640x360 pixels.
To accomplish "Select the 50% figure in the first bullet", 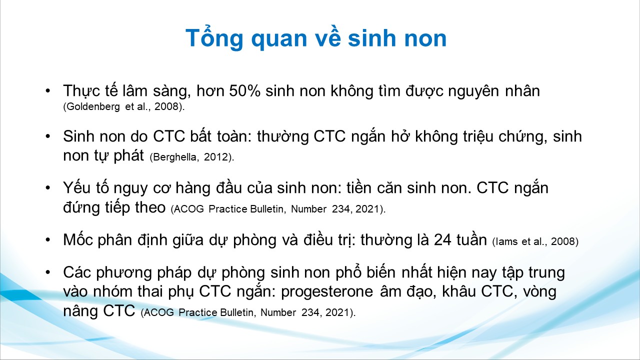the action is click(245, 91).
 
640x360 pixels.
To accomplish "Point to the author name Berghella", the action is click(174, 157).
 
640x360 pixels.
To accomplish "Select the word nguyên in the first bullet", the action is click(473, 91).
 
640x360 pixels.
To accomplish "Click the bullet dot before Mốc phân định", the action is click(47, 239).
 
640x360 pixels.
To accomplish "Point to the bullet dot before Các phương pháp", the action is click(47, 272).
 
